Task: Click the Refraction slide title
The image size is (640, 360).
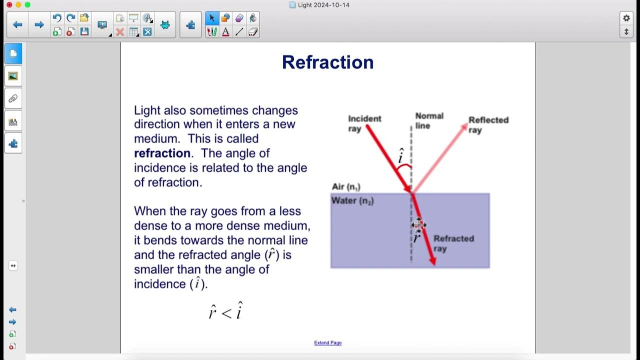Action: coord(327,62)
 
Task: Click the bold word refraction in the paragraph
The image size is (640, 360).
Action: coord(162,153)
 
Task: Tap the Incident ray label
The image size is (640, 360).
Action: coord(364,123)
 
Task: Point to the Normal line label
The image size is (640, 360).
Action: coord(429,120)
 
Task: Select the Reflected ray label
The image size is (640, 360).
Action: coord(488,124)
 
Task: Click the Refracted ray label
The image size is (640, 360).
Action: coord(453,243)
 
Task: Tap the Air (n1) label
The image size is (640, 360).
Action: coord(346,187)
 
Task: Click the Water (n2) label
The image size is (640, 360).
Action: coord(352,200)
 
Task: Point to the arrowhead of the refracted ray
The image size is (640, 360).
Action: coord(432,261)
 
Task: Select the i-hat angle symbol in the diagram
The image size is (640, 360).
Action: coord(400,156)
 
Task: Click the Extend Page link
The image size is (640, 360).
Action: coord(327,342)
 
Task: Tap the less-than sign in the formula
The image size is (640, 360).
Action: coord(226,313)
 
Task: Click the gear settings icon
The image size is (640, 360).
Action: coord(626,18)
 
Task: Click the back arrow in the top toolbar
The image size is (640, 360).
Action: coord(17,24)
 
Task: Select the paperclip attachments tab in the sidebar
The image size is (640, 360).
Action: coord(13,98)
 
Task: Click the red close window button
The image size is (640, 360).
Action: coord(9,4)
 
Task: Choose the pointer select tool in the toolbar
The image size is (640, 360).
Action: coord(211,18)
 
